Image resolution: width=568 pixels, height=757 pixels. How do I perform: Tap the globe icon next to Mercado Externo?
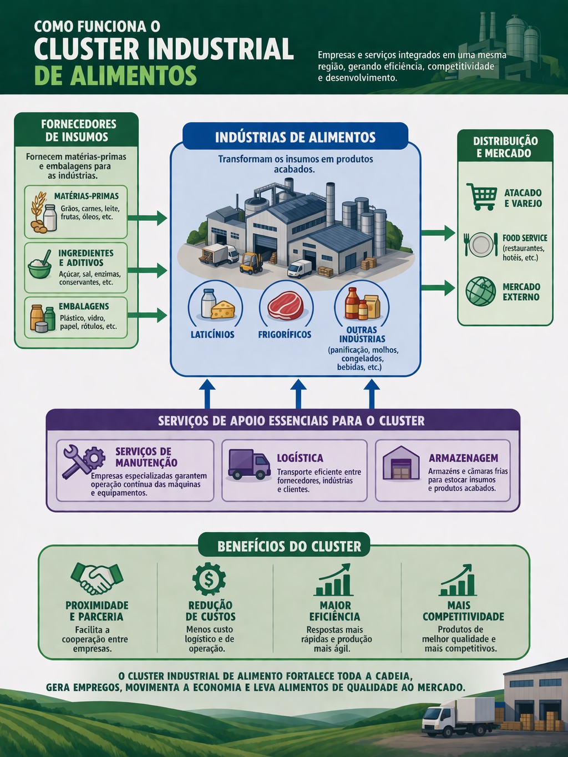click(x=480, y=291)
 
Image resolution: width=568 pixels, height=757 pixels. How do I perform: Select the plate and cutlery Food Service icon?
click(x=480, y=244)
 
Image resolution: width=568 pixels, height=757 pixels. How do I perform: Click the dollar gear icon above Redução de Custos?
click(x=209, y=579)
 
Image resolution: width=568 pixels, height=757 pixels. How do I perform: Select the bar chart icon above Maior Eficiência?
click(x=334, y=581)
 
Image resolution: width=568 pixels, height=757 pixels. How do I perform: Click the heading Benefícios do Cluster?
click(x=289, y=547)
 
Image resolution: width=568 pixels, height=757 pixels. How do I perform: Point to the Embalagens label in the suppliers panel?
click(x=84, y=306)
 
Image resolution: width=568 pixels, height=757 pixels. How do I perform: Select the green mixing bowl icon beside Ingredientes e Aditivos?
click(x=40, y=266)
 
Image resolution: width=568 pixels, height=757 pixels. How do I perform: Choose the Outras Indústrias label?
click(x=362, y=334)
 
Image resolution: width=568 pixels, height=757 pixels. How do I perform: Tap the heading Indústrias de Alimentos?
click(x=295, y=137)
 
